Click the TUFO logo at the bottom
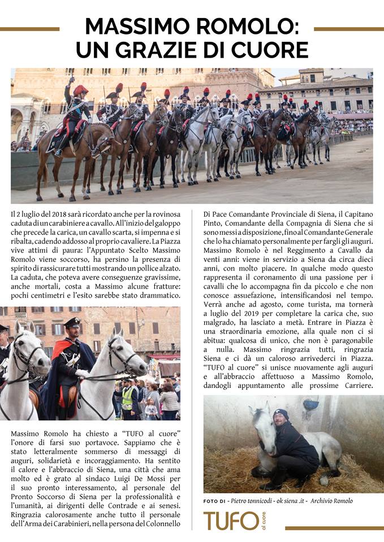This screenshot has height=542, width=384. (231, 521)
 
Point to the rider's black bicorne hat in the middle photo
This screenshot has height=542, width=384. (72, 322)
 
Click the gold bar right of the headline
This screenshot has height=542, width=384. (348, 29)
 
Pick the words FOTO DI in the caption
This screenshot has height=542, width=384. (215, 501)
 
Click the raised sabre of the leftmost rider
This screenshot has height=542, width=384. (71, 82)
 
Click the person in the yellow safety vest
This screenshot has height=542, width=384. (128, 398)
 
